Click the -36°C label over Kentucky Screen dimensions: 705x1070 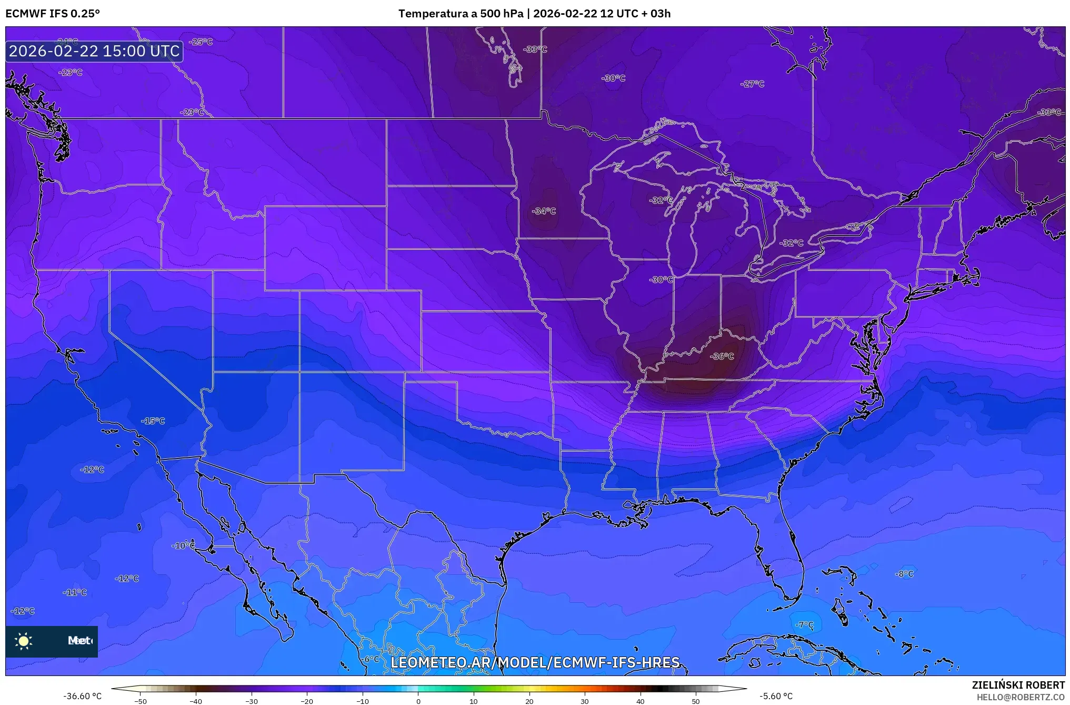[722, 357]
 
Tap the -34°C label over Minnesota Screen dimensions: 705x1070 [544, 211]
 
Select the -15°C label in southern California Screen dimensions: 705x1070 [153, 421]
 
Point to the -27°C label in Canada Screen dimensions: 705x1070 [752, 84]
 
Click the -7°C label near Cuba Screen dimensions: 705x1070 [804, 625]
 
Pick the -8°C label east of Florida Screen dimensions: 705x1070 [904, 574]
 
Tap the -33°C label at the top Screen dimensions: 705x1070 [535, 50]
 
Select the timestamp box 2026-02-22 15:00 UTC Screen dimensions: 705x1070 [94, 51]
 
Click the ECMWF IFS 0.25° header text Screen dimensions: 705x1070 [53, 14]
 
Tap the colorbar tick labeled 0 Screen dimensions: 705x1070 [418, 701]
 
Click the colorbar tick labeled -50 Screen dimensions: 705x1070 [141, 701]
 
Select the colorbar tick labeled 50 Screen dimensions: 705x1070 [696, 701]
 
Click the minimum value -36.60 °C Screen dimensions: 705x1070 [83, 696]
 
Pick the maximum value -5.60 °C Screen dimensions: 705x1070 [776, 696]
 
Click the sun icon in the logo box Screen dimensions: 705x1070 [24, 641]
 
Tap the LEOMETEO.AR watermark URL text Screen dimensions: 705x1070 [535, 662]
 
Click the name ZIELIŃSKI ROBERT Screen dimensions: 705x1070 [1018, 685]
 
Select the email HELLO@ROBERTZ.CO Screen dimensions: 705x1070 [1021, 697]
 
